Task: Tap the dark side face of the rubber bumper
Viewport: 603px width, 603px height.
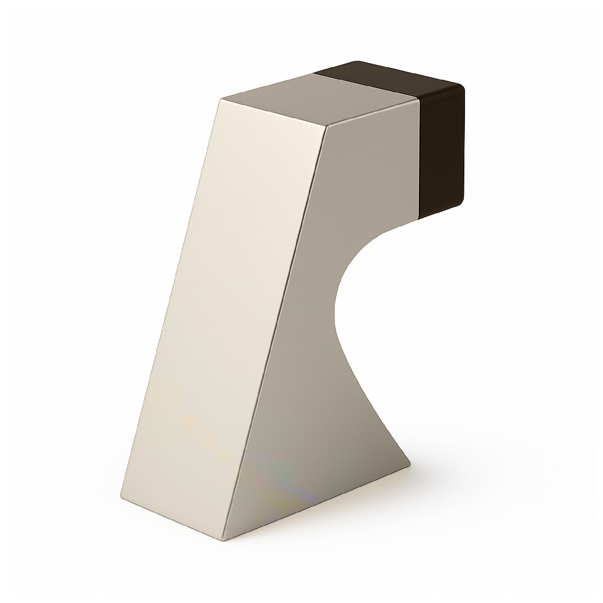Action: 442,150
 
